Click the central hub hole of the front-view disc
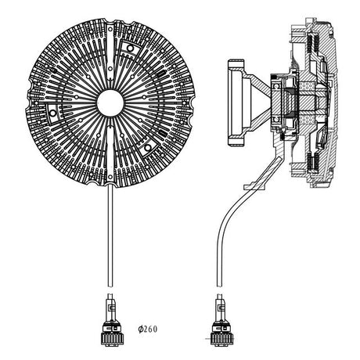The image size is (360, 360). point(110,103)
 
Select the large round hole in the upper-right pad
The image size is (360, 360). point(130,48)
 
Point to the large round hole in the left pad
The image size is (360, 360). point(53,113)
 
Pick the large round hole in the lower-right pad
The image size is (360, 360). point(148,148)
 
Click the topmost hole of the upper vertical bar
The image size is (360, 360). point(110,29)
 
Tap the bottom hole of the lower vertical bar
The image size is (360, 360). point(110,177)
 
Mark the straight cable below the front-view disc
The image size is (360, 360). point(110,236)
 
